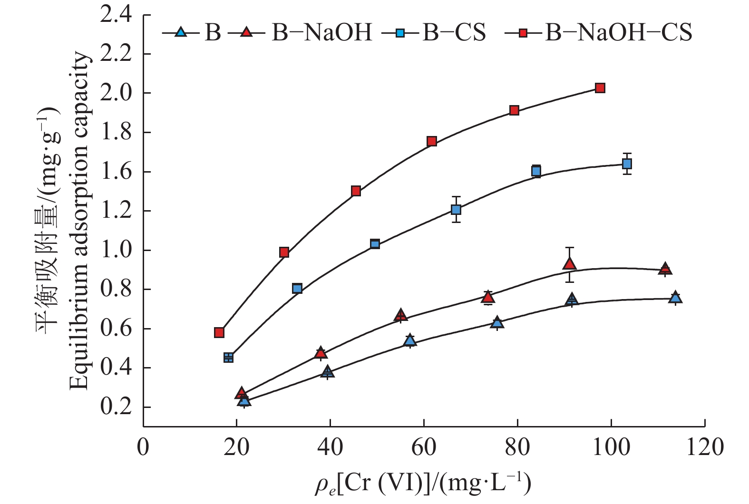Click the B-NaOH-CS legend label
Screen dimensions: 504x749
(x=618, y=32)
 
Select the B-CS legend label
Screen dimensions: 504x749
(x=454, y=32)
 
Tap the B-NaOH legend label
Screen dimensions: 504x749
(x=322, y=32)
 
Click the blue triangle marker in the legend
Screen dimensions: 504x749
(x=180, y=32)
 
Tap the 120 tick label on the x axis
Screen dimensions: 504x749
(x=704, y=447)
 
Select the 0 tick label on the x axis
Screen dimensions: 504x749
(x=143, y=447)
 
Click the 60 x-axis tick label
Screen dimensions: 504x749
(x=424, y=447)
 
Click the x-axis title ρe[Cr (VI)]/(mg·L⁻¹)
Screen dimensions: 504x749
(x=423, y=483)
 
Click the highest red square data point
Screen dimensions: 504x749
(x=600, y=88)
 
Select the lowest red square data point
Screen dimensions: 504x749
(x=219, y=332)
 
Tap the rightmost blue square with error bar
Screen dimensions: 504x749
(x=627, y=164)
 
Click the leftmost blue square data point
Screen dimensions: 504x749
(x=228, y=358)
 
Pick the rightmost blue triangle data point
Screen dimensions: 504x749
(x=675, y=298)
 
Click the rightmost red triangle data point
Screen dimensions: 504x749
(x=665, y=269)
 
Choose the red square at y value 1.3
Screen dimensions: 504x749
(x=356, y=191)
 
